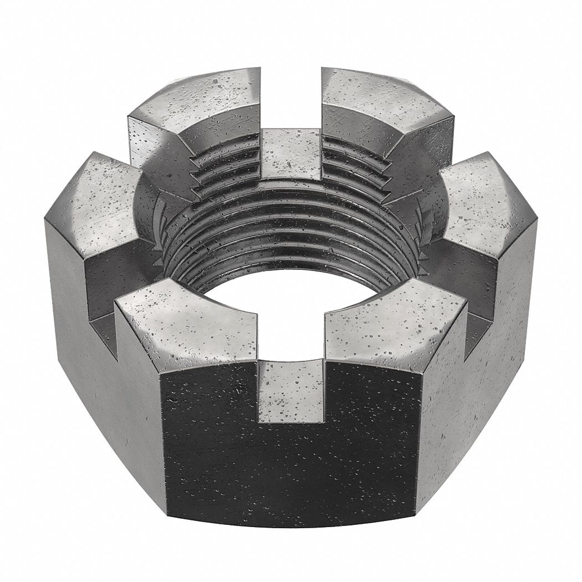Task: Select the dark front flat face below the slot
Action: (291, 471)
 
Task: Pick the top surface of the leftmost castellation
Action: (105, 205)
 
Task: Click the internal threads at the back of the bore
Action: (291, 233)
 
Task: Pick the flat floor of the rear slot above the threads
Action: (291, 155)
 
